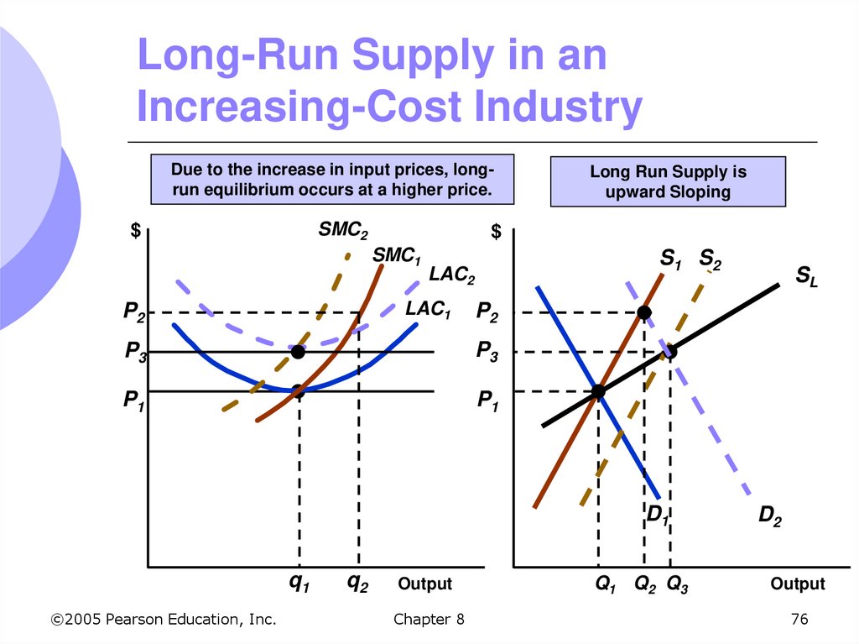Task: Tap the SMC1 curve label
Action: pos(396,255)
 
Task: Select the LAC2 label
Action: pos(452,275)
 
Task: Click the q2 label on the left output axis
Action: pos(358,584)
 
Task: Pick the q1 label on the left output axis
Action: pos(299,584)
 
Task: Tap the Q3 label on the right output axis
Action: pos(677,584)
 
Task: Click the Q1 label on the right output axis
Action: pos(605,584)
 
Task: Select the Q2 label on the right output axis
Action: pos(645,584)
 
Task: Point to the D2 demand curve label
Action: pos(770,517)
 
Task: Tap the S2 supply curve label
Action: pos(710,259)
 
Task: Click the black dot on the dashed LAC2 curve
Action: pos(298,352)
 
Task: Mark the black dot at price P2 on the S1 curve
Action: pos(644,313)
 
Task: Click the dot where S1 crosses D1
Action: pos(598,391)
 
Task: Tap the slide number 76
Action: pos(799,620)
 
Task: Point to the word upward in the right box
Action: pos(634,192)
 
